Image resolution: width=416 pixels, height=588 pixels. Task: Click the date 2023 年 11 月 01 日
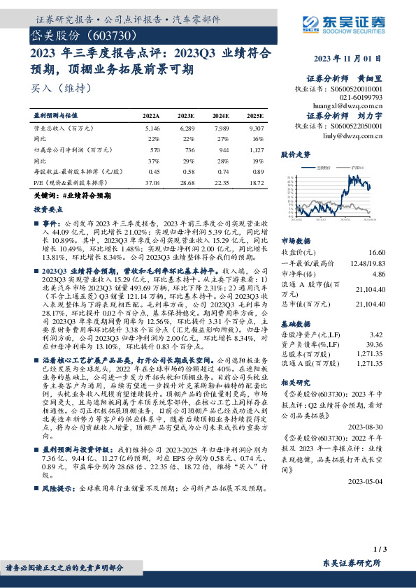point(350,59)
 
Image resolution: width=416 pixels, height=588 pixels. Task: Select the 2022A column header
point(152,115)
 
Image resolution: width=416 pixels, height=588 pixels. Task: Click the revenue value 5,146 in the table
point(152,129)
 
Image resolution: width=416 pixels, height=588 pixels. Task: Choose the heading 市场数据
point(294,240)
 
